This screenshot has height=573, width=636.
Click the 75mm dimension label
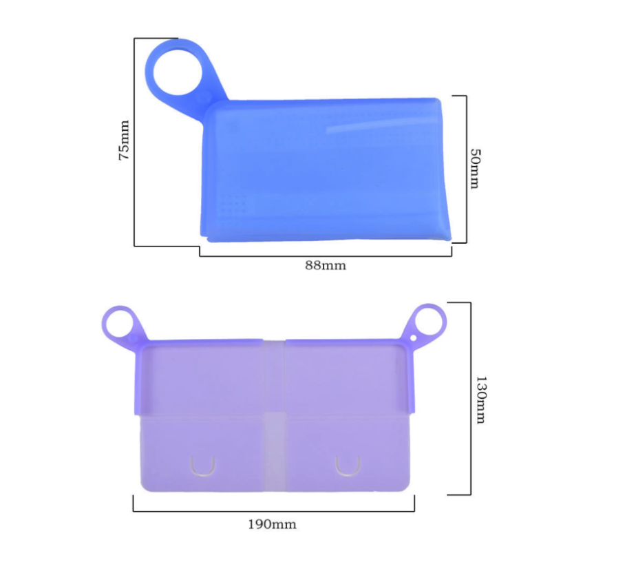tap(124, 140)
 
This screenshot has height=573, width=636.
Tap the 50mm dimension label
tap(475, 169)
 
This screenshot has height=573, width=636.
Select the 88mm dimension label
tap(326, 265)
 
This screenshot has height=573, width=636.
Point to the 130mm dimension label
tap(480, 399)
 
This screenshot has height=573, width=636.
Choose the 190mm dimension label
tap(272, 524)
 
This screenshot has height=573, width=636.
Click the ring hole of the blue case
tap(178, 72)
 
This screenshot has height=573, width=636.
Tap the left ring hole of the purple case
tap(119, 324)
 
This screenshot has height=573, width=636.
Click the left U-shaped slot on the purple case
tap(203, 466)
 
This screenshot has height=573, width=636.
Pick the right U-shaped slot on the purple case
tap(348, 466)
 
